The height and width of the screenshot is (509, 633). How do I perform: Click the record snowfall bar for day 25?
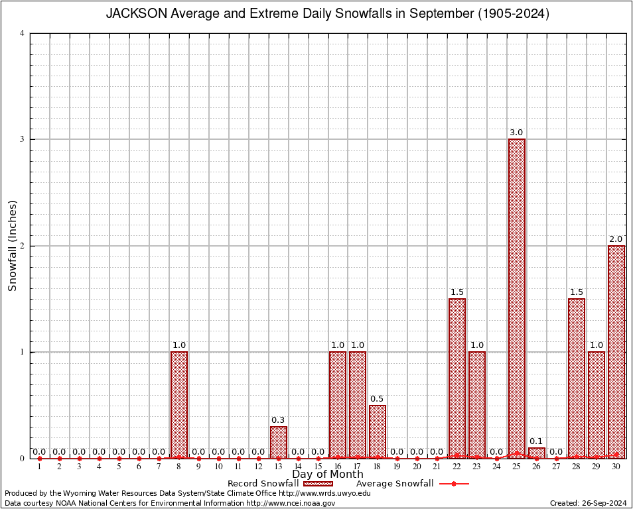tap(517, 298)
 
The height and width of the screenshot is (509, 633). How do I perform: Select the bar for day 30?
tap(616, 351)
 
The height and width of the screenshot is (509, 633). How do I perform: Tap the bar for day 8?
tap(179, 404)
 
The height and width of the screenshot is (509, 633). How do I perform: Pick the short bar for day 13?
tap(279, 442)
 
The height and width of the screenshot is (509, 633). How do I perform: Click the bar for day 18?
tap(378, 431)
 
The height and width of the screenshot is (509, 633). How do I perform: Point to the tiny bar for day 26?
tap(537, 453)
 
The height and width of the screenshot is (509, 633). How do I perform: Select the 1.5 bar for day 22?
tap(457, 378)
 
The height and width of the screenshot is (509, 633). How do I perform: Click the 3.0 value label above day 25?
tap(517, 133)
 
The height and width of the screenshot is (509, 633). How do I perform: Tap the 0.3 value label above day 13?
tap(279, 420)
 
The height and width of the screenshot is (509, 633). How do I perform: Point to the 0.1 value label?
tap(537, 441)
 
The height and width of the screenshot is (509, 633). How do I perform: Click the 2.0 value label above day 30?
tap(616, 239)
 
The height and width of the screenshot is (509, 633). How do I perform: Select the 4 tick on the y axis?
tap(23, 33)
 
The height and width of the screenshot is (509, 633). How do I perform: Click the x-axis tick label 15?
tap(318, 467)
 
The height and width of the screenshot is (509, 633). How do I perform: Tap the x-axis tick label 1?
tap(40, 467)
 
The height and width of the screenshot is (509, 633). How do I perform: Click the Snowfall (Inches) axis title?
tap(13, 246)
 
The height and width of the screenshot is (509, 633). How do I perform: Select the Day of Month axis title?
tap(328, 475)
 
